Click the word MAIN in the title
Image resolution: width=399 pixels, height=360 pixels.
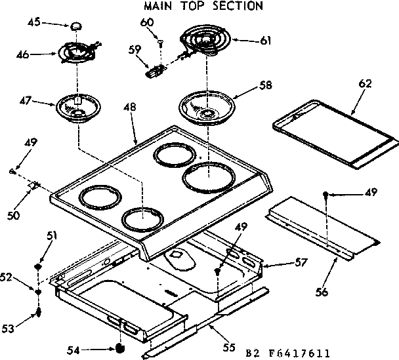160,7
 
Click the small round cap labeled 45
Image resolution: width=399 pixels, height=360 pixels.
77,26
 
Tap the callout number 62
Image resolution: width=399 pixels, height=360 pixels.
365,83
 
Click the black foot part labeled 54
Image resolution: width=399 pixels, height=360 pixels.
119,348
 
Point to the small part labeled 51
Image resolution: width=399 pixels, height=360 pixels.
39,268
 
